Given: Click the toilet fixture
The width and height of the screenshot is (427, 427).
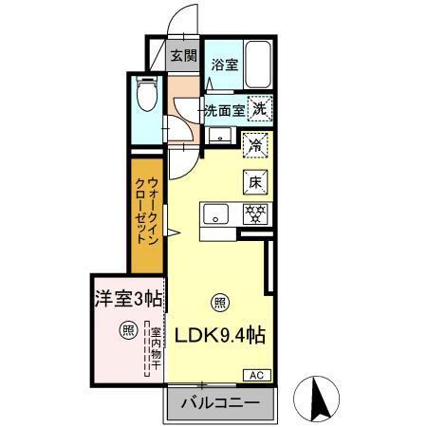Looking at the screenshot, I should click(146, 94).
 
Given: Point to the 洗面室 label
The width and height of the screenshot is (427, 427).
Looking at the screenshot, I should click(225, 109).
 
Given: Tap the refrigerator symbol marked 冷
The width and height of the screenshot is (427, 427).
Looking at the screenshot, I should click(254, 145).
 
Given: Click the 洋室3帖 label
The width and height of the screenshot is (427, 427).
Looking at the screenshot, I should click(126, 298).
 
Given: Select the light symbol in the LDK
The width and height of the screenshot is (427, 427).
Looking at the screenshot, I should click(219, 304).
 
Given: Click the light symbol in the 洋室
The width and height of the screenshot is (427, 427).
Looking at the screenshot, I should click(126, 331).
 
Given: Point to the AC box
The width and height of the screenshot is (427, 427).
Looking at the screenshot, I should click(258, 375).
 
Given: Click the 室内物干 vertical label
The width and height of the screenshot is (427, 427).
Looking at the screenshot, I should click(152, 350).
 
